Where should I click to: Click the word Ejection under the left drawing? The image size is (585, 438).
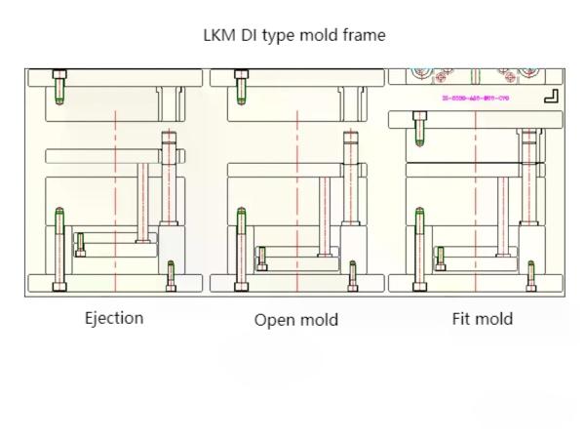[114, 318]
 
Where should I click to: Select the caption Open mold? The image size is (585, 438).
[296, 320]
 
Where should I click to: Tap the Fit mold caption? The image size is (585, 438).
[482, 319]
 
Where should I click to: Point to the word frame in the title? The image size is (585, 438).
[362, 35]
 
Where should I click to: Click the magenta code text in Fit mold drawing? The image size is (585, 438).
[475, 99]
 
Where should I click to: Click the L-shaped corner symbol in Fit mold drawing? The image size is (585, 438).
[550, 96]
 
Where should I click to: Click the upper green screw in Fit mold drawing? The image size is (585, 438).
[420, 127]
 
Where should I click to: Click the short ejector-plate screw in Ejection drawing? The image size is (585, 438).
[80, 244]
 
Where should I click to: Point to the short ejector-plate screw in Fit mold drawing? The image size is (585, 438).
[441, 258]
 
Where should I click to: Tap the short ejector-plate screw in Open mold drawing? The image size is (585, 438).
[260, 258]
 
